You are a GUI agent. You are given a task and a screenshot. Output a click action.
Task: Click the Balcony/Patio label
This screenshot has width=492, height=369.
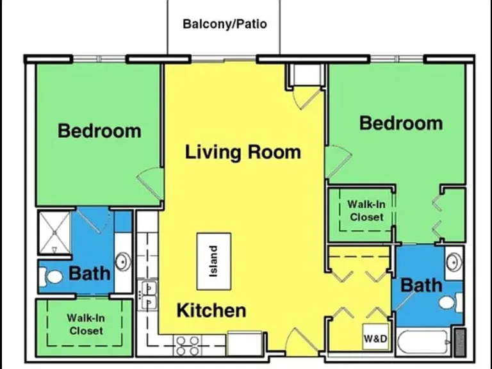(225, 24)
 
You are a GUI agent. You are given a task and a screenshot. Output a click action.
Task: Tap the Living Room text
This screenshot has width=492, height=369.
(243, 152)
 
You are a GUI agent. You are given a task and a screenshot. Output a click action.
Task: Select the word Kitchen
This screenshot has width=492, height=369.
(211, 310)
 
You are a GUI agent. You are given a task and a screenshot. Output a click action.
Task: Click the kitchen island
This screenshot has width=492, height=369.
(214, 261)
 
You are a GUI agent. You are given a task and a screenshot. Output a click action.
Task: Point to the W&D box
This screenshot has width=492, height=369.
(375, 337)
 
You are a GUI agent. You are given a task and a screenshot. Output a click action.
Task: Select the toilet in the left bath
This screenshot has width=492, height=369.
(51, 277)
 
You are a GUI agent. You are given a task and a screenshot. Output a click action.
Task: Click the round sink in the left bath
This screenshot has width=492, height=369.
(123, 261)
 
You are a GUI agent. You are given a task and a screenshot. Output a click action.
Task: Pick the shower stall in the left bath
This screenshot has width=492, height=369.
(54, 233)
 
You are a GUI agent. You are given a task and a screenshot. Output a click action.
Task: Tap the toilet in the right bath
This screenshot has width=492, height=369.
(450, 302)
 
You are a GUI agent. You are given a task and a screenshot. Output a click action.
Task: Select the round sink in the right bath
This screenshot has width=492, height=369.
(454, 262)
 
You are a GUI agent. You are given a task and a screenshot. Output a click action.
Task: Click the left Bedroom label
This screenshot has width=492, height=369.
(99, 131)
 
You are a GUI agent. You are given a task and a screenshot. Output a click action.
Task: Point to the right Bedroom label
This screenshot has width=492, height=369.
(401, 123)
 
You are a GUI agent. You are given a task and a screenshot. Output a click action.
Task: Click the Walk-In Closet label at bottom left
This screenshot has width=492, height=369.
(86, 324)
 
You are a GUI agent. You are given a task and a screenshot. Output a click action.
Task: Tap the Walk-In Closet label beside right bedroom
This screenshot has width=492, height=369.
(366, 211)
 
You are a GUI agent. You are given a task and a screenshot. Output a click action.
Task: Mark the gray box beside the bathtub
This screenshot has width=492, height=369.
(461, 342)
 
